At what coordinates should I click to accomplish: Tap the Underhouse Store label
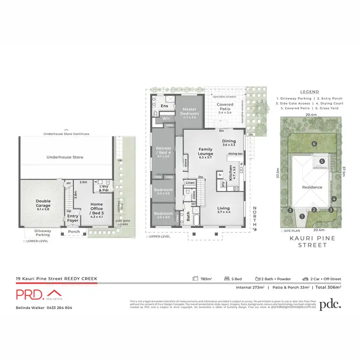pyautogui.click(x=65, y=157)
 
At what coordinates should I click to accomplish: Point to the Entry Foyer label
pyautogui.click(x=72, y=218)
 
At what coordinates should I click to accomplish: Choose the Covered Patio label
pyautogui.click(x=225, y=107)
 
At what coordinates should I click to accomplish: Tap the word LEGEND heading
pyautogui.click(x=309, y=91)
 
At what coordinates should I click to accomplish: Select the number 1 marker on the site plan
pyautogui.click(x=302, y=217)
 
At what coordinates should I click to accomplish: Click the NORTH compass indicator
pyautogui.click(x=255, y=217)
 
